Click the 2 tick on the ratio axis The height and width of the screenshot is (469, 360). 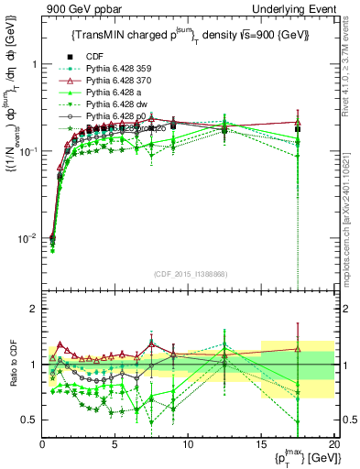[33, 309]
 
